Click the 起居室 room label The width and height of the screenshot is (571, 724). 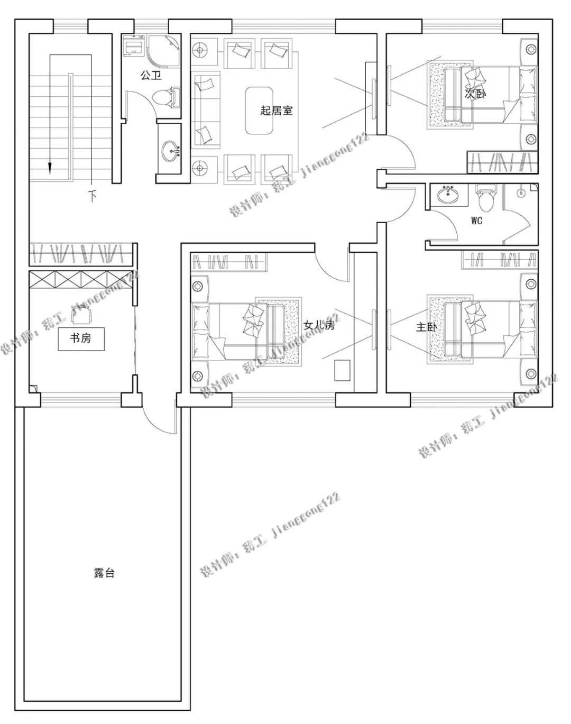point(276,111)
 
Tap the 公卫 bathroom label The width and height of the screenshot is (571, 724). point(151,76)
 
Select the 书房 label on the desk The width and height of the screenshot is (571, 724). point(81,337)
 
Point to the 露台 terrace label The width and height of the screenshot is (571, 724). point(104,573)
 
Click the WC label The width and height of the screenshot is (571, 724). point(477,221)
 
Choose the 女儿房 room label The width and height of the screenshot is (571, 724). point(319,325)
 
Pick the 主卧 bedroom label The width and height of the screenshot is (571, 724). point(426,327)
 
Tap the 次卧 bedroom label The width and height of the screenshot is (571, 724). point(475,94)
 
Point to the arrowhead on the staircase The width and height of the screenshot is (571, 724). point(50,168)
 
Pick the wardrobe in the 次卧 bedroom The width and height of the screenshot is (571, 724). point(502,162)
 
